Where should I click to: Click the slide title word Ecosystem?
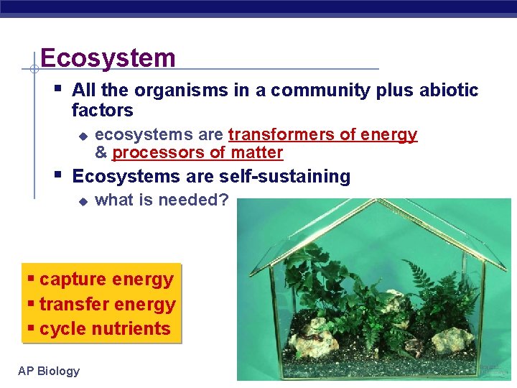coord(108,57)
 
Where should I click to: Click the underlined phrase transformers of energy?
coord(322,135)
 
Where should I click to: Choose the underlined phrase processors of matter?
coord(197,152)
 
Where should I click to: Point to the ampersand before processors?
coord(101,152)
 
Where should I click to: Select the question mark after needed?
coord(224,200)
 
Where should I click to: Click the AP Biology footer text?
coord(49,371)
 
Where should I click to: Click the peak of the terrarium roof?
coord(373,204)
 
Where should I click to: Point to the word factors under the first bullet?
coord(103,111)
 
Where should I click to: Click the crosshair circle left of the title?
coord(34,69)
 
